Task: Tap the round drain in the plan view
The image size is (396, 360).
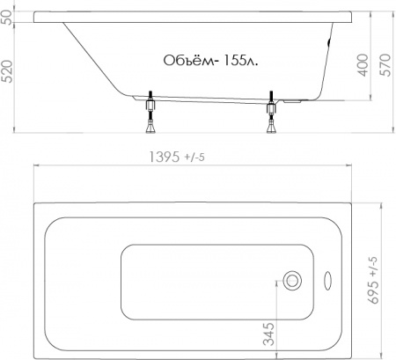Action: (293, 282)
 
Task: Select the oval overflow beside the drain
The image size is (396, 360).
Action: (328, 283)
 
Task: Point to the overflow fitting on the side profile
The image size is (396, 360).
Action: (330, 40)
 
